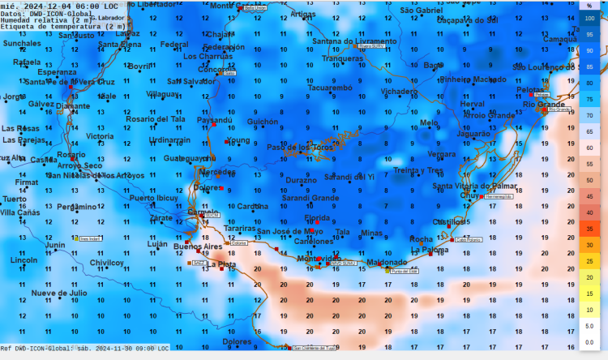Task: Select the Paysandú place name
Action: tap(215, 121)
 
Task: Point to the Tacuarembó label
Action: tap(330, 88)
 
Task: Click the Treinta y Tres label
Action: tap(418, 170)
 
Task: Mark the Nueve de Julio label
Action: tap(59, 293)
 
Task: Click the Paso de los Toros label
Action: tap(300, 147)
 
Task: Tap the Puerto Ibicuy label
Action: tap(153, 198)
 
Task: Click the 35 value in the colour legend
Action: tap(589, 229)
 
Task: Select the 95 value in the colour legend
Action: tap(589, 34)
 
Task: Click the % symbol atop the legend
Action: tap(589, 5)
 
